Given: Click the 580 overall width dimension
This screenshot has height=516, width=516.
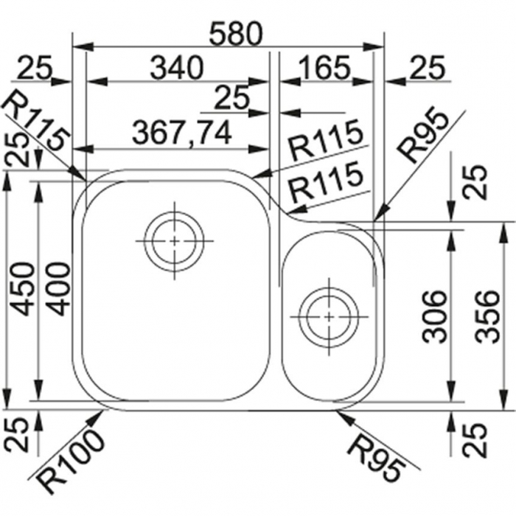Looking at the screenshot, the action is point(237,34).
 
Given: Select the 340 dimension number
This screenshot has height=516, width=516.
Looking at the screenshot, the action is point(177,68).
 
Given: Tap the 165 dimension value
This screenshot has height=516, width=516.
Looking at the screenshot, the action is point(325,68).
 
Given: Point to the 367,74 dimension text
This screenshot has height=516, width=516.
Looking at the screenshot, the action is point(182,132).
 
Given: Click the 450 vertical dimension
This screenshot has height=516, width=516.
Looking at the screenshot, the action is point(22,289).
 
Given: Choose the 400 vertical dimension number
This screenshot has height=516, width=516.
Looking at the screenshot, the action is point(58,289).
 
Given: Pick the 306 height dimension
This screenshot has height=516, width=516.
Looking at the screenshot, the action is point(434,316).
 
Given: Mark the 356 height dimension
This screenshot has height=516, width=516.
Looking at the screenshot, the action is point(488,316).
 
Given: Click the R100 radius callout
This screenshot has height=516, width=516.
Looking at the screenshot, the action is point(70,461).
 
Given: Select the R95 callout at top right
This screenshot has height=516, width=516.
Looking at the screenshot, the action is point(424,136).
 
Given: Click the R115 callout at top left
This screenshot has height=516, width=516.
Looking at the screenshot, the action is point(37,121).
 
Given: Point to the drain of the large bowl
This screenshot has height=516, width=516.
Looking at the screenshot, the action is point(174,241).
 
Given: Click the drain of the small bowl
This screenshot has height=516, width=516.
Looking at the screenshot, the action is point(329,317).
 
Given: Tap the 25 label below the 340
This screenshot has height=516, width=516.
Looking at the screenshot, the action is point(231,98).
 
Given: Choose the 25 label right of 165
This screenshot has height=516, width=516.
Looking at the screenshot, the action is point(428,68).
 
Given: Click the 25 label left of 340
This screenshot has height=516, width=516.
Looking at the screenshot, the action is point(35,68).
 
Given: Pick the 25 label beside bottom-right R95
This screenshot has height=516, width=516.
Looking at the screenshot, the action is point(474,439).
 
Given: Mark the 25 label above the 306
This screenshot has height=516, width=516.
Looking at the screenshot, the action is point(474,182).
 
